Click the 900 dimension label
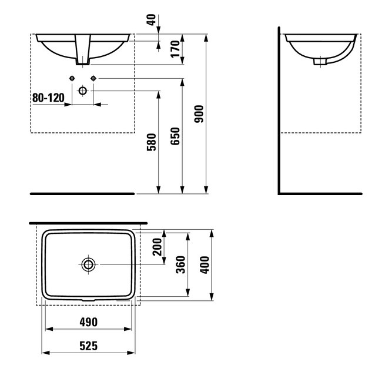point(199,114)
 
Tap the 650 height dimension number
point(175,136)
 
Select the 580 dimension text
point(151,142)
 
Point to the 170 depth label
point(175,49)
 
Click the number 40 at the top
point(151,20)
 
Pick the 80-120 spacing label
point(48,98)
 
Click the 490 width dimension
point(88,322)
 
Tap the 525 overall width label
point(88,346)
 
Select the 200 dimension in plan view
point(157,247)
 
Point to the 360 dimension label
point(181,264)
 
